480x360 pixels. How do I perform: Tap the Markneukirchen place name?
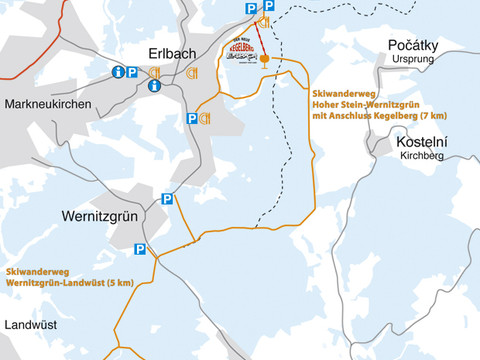[48, 105]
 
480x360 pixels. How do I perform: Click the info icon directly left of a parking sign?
[118, 72]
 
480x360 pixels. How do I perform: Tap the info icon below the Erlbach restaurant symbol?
[154, 86]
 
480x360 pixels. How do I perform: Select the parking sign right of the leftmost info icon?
[135, 72]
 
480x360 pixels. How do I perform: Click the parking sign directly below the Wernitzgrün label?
[140, 249]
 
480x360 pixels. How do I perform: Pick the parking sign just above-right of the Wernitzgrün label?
[168, 198]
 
